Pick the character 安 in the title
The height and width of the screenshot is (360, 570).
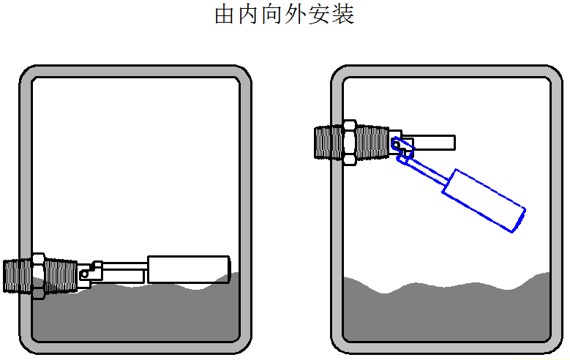320,15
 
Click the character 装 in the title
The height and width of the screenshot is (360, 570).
344,15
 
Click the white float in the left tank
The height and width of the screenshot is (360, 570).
188,269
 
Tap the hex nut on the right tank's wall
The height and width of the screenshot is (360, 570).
349,142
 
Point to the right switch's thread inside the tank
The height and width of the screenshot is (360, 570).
372,142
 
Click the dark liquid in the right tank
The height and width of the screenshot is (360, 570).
446,315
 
